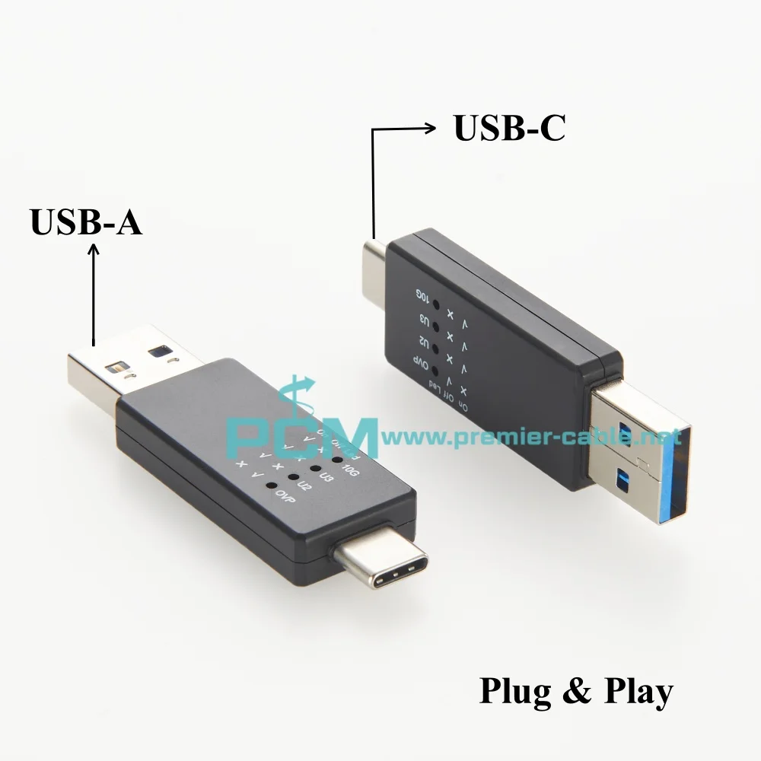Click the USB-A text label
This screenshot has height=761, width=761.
coord(86,223)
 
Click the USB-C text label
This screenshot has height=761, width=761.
coord(509,128)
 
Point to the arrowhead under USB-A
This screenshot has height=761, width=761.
coord(94,248)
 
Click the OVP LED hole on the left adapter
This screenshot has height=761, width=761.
coord(269,484)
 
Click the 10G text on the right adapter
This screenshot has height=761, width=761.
coord(420,295)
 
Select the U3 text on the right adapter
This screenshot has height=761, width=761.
coord(420,319)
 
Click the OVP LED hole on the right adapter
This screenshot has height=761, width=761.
coord(436,371)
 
